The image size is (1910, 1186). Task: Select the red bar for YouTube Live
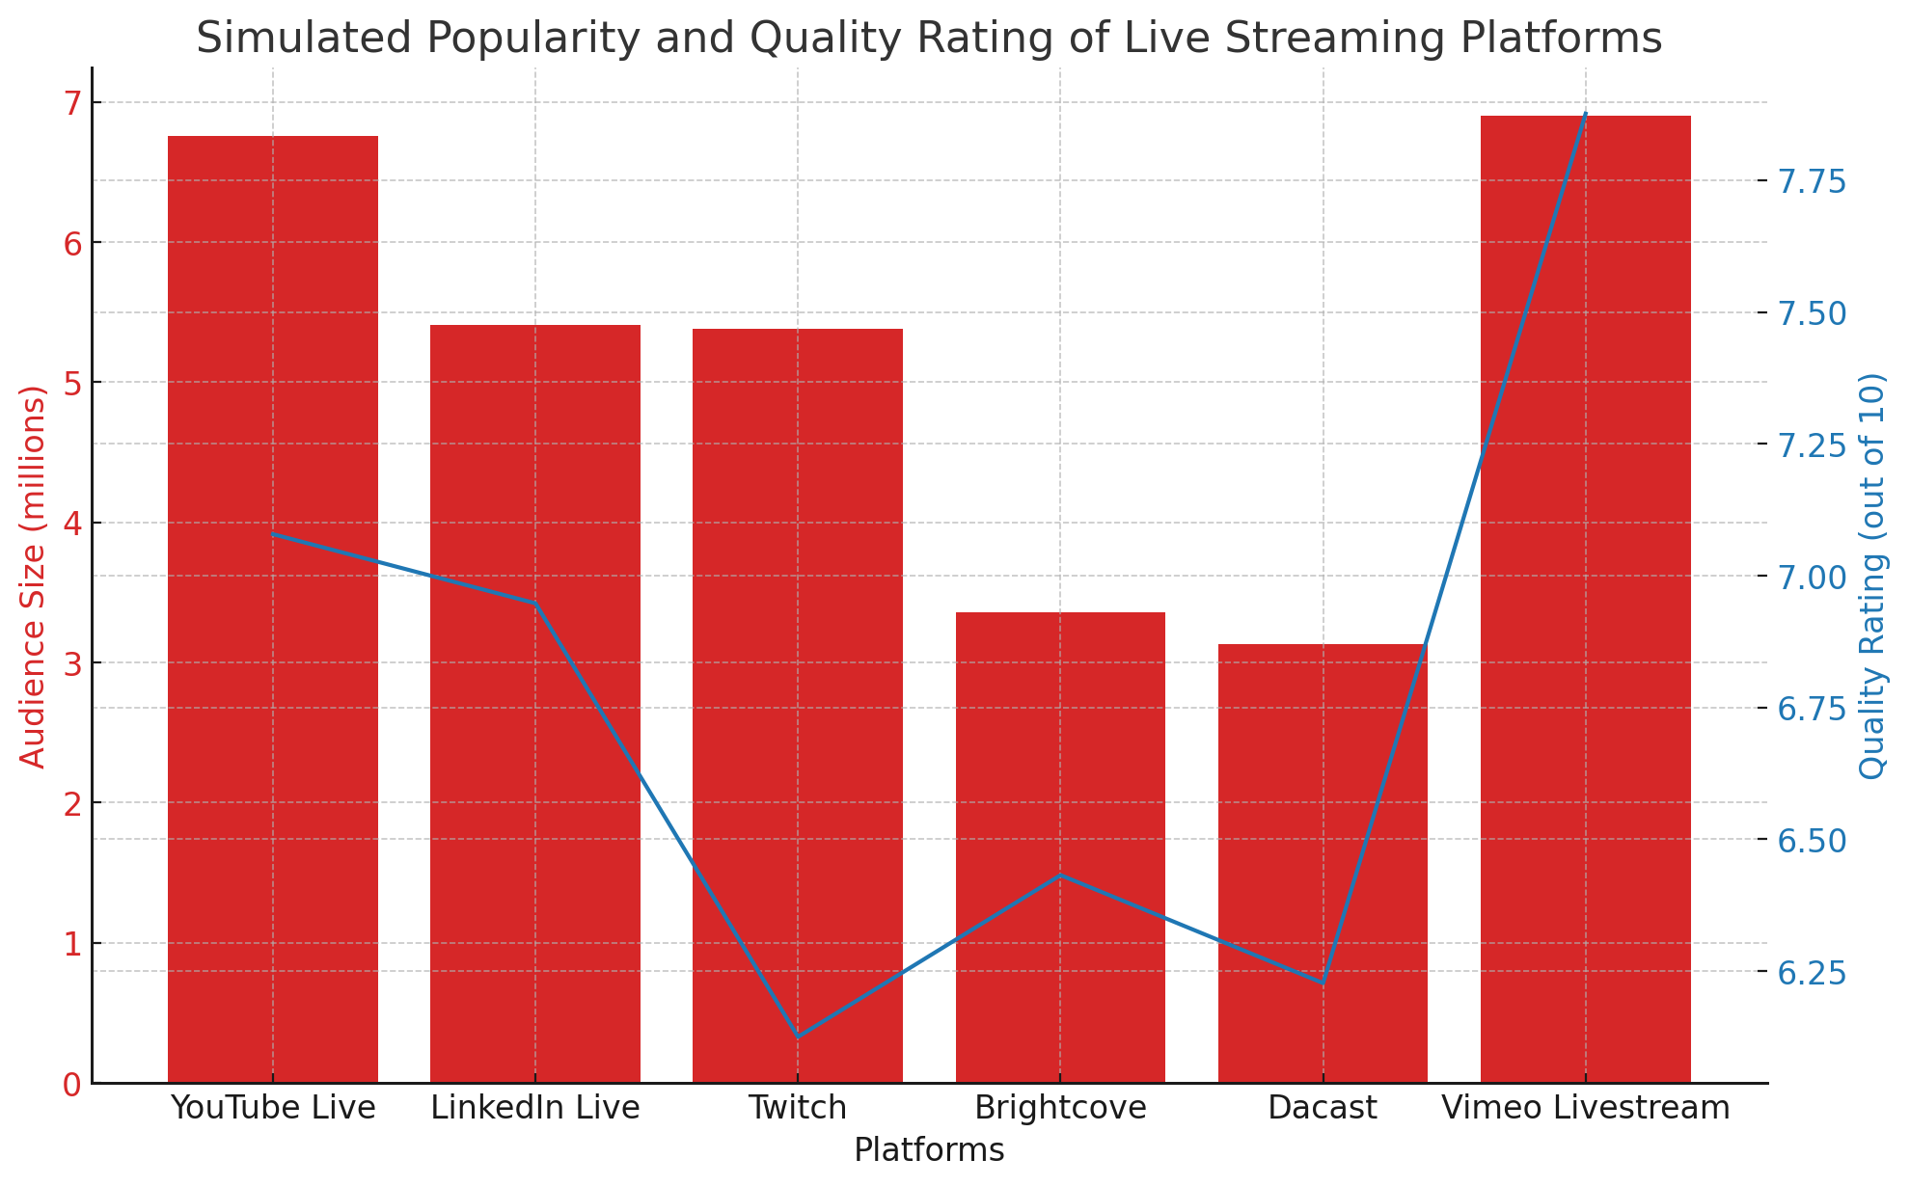(x=273, y=607)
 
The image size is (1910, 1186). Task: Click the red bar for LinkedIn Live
(x=535, y=704)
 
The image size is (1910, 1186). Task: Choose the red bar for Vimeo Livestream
(x=1585, y=598)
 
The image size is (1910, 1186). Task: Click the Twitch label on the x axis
(x=798, y=1108)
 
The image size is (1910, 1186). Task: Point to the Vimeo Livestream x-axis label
(x=1585, y=1108)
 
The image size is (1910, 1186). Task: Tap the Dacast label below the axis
(x=1323, y=1108)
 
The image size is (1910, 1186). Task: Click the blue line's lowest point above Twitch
(x=798, y=1037)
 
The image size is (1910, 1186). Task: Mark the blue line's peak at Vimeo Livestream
(x=1585, y=113)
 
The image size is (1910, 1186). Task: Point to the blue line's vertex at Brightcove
(x=1060, y=876)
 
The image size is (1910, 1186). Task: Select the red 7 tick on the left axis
(x=73, y=102)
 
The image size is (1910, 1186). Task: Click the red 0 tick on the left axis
(x=73, y=1084)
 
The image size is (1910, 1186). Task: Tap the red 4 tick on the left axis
(x=73, y=524)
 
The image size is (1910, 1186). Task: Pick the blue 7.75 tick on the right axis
(x=1813, y=181)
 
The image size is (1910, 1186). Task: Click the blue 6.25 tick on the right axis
(x=1813, y=972)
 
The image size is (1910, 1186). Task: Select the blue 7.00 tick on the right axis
(x=1813, y=577)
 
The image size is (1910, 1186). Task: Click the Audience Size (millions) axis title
(x=33, y=577)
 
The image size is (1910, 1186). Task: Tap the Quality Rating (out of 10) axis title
(x=1872, y=577)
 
